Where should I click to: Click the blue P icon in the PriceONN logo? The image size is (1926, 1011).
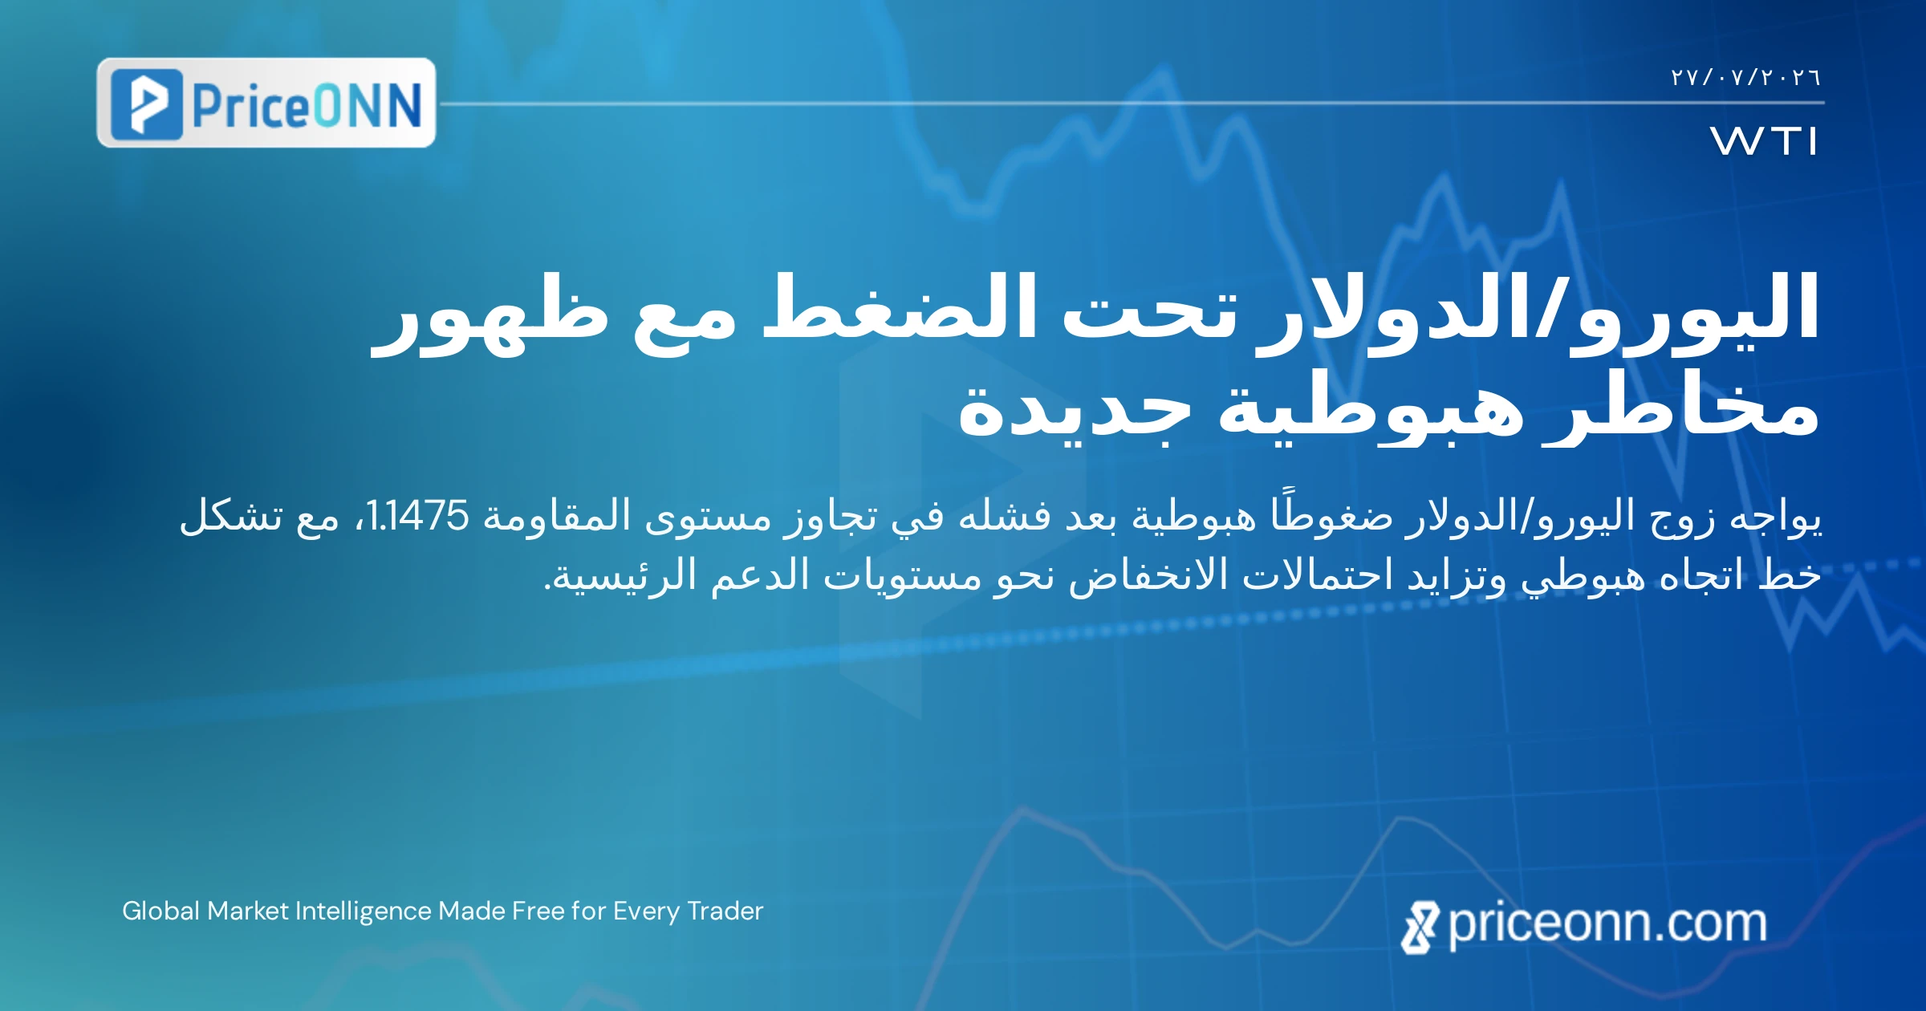pos(146,104)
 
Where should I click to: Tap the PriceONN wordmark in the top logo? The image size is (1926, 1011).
pos(307,105)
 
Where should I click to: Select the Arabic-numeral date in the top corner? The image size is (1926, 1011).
pos(1745,78)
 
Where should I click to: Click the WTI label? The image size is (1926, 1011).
pos(1764,141)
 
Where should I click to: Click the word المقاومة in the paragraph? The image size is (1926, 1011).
pos(557,515)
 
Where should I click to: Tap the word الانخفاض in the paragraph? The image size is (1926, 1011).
pos(1148,575)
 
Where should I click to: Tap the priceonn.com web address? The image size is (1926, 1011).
pos(1607,924)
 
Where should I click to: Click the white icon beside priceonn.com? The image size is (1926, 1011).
pos(1420,928)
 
